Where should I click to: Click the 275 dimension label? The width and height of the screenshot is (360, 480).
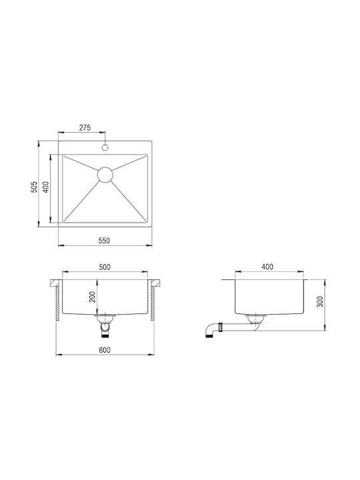pos(85,127)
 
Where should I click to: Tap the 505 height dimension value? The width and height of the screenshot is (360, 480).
pos(34,187)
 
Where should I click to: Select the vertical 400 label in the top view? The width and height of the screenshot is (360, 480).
pos(45,187)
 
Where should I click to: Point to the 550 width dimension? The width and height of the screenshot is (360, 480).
pos(104,241)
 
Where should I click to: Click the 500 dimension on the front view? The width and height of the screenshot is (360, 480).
pos(105,267)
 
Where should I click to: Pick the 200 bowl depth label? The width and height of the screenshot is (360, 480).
pos(93,297)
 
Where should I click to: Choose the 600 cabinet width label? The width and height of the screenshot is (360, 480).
pos(105,350)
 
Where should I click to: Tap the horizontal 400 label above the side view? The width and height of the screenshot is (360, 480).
pos(267,267)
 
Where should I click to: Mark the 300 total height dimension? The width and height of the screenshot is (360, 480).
pos(320,302)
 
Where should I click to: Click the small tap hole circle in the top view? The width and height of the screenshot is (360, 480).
pos(105,147)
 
